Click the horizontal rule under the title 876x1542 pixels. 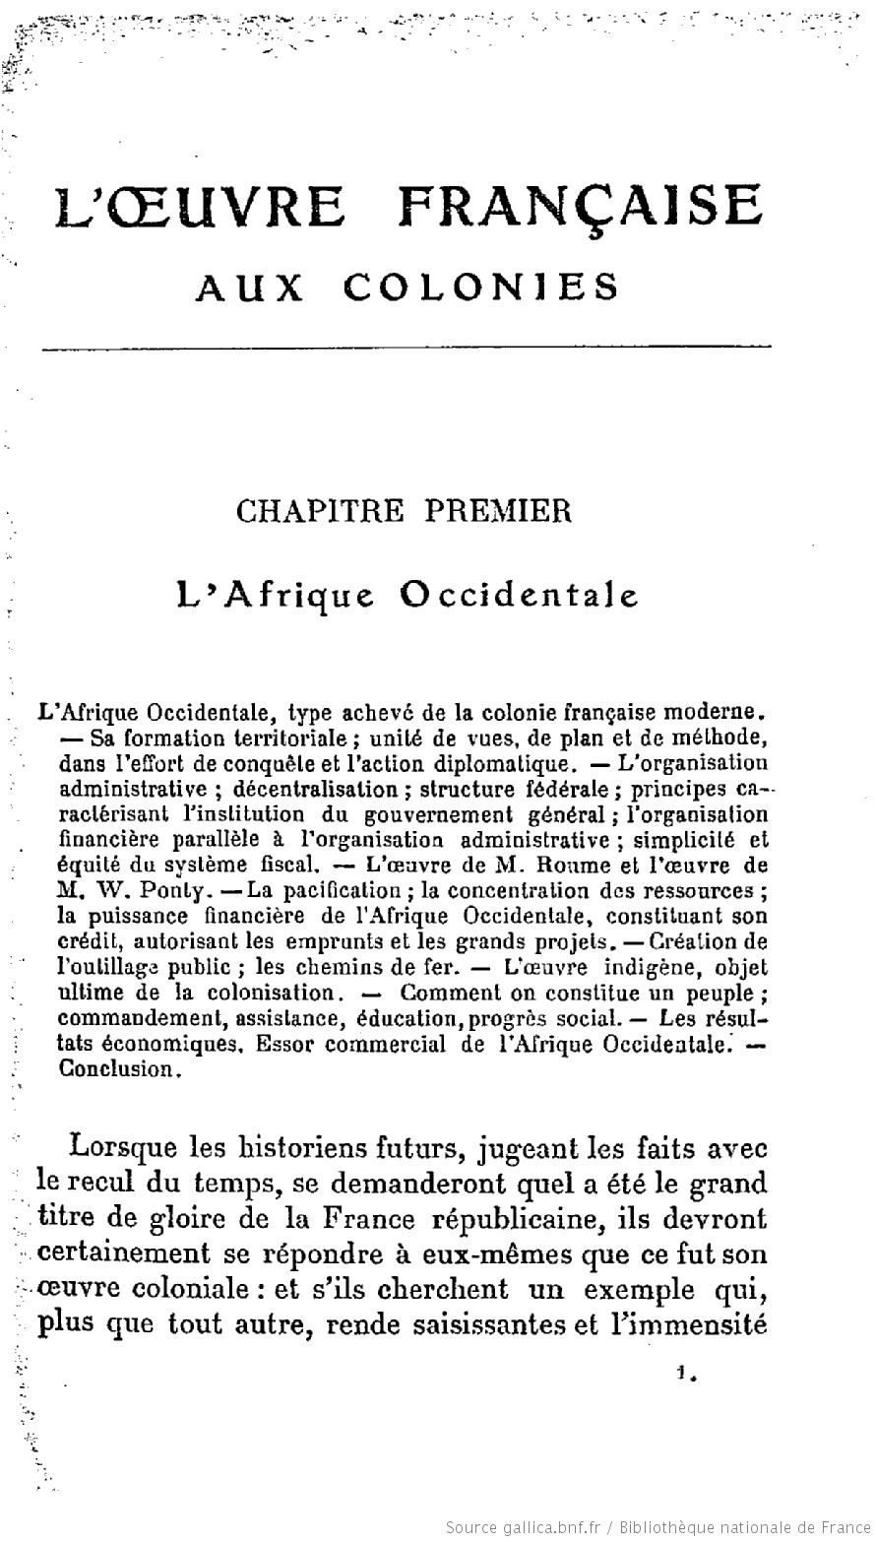click(x=404, y=346)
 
